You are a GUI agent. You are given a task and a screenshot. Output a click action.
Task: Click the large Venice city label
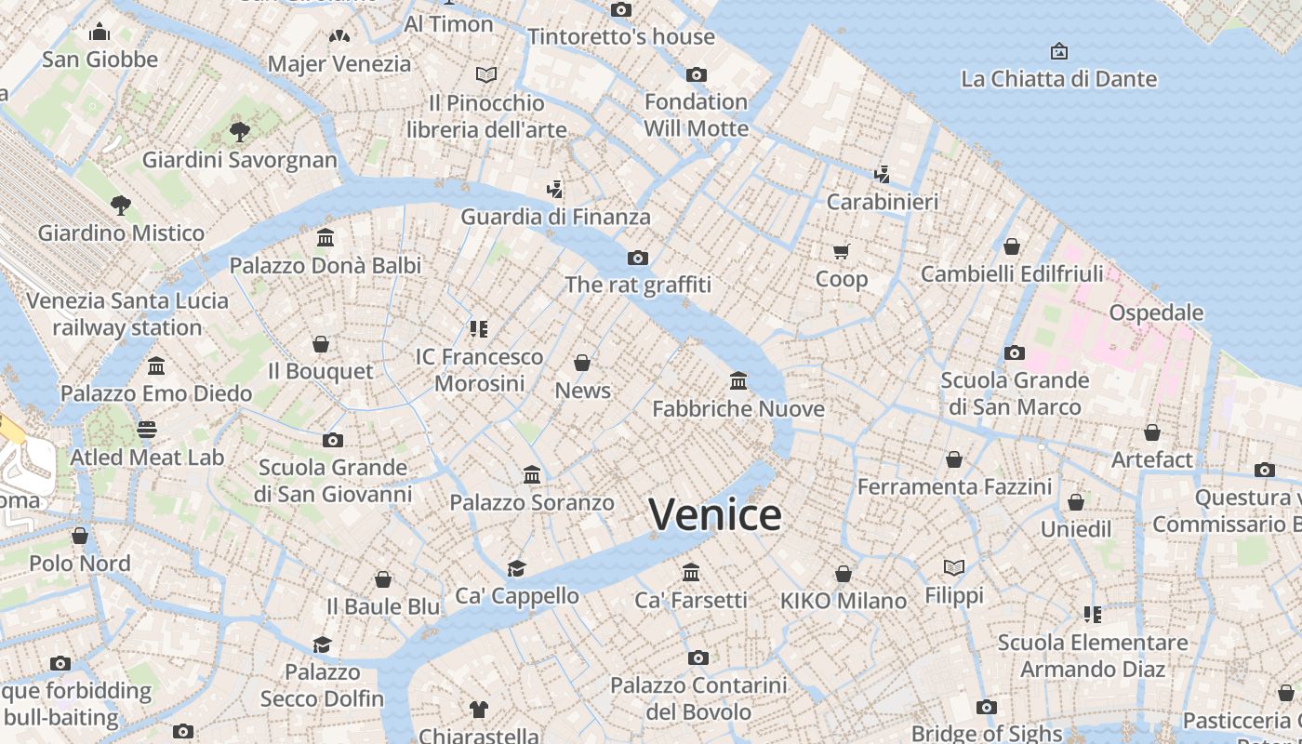click(714, 514)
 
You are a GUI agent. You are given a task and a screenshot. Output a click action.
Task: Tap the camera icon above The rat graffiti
click(637, 258)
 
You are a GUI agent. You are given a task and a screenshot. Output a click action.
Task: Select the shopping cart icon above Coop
click(841, 251)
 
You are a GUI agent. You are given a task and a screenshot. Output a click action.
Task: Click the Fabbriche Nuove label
click(738, 408)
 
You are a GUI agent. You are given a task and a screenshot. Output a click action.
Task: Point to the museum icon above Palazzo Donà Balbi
click(325, 238)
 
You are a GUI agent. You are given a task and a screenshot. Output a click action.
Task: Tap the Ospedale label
click(1156, 312)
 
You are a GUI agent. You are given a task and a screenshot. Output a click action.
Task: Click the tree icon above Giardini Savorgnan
click(240, 131)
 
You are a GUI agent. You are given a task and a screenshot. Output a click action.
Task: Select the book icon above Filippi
click(954, 567)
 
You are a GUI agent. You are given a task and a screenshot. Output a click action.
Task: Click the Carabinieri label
click(882, 201)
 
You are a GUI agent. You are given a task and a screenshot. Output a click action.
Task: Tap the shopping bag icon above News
click(582, 363)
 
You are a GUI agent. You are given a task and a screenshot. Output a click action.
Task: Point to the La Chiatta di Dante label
click(1058, 79)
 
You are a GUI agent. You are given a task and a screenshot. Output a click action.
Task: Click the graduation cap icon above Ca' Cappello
click(516, 568)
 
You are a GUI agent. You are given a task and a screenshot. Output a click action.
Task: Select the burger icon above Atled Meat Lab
click(147, 429)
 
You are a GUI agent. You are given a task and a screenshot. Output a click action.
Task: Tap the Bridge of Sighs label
click(986, 733)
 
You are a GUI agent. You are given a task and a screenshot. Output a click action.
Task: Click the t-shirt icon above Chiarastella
click(478, 710)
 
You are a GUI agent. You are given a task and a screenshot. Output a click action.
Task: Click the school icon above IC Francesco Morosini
click(479, 328)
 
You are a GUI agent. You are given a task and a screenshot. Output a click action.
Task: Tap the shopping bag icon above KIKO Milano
click(844, 574)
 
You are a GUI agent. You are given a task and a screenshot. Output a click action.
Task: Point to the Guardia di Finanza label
click(555, 217)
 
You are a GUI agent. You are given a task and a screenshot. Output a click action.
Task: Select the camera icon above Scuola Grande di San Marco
click(1015, 352)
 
